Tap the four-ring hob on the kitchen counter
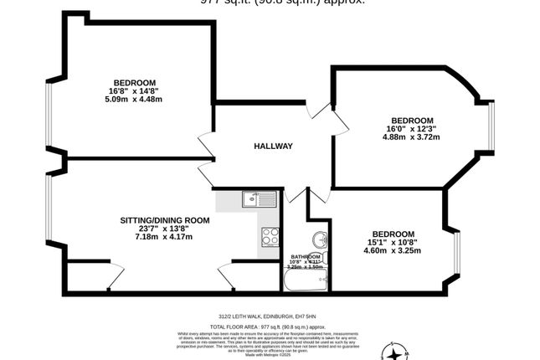[x=270, y=237]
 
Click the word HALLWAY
[x=273, y=147]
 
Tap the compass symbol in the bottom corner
[x=393, y=351]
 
